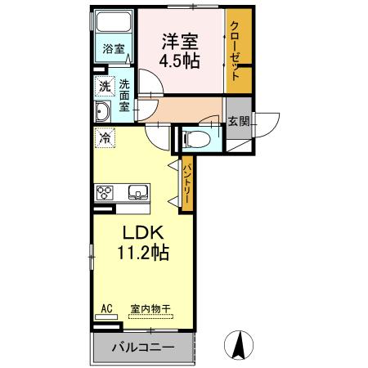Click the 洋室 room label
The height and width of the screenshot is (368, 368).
pyautogui.click(x=181, y=39)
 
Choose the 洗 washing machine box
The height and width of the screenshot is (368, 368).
pyautogui.click(x=105, y=86)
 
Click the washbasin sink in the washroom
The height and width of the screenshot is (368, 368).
pyautogui.click(x=104, y=112)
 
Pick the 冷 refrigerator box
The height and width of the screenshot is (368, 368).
pyautogui.click(x=105, y=139)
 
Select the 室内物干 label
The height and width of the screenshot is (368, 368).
pyautogui.click(x=150, y=309)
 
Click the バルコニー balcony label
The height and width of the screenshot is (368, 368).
pyautogui.click(x=142, y=348)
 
